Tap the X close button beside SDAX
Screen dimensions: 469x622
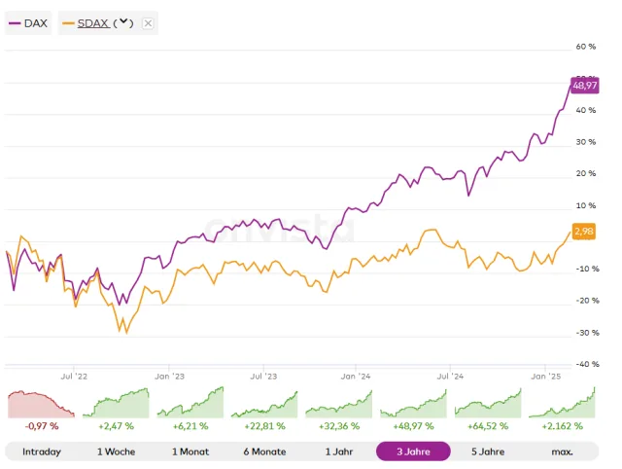coord(148,22)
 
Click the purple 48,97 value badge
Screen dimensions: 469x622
coord(584,86)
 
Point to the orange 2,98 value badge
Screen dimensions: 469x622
coord(584,231)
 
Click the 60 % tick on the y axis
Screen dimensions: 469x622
coord(585,47)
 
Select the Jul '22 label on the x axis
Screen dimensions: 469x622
coord(74,375)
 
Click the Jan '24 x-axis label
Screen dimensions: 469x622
coord(357,375)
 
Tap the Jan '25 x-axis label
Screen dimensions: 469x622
coord(545,375)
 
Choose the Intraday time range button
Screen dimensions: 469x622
coord(41,451)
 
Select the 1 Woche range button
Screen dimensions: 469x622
coord(116,451)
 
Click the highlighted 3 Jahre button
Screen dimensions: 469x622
coord(413,451)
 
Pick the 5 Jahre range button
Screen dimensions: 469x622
coord(488,451)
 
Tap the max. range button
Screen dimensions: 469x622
coord(562,451)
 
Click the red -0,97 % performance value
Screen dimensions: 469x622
coord(41,426)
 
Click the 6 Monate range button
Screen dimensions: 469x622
coord(264,451)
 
